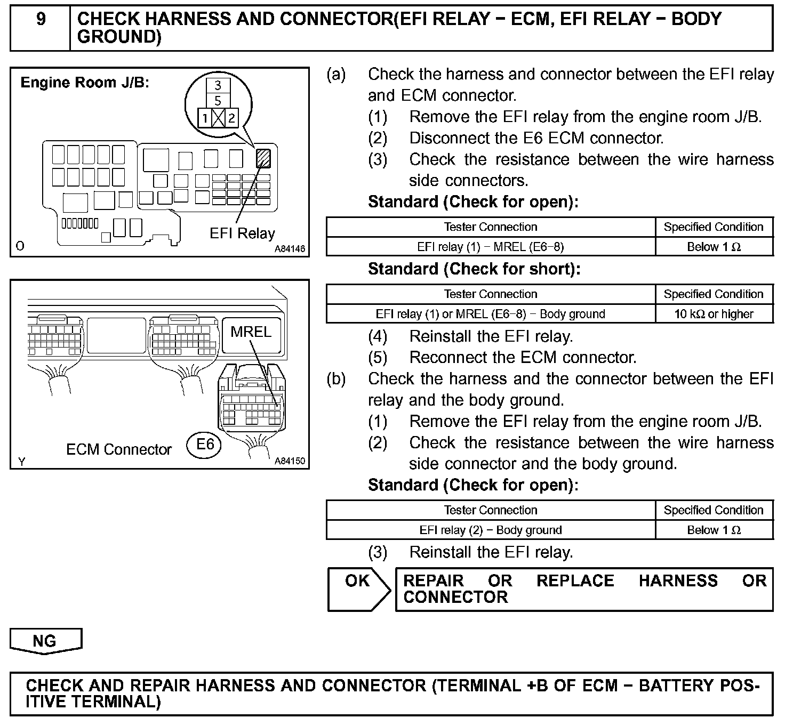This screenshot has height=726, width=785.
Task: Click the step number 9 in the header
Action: pos(41,20)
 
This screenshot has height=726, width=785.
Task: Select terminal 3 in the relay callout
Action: pos(218,85)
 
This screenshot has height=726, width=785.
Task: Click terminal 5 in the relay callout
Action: pos(218,100)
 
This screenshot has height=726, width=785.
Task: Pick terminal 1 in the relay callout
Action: pos(205,118)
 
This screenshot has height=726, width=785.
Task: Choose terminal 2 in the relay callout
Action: pos(231,118)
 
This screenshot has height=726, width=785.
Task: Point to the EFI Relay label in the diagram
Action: pos(242,233)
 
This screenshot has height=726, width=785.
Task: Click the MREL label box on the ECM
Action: pos(251,332)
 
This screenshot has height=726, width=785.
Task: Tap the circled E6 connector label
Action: pos(205,444)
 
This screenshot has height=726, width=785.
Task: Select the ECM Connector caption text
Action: pos(119,449)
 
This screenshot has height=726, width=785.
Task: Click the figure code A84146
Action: pos(290,249)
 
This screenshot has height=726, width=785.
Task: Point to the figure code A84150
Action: pos(290,461)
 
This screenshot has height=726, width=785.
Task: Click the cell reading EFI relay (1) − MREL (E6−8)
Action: pos(490,247)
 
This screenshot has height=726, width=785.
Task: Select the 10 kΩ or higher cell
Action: pos(714,314)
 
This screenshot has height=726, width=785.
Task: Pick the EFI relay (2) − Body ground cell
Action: pos(490,530)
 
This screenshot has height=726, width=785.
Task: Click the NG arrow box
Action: pos(45,641)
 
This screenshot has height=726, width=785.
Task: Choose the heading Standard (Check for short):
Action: pos(474,269)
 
